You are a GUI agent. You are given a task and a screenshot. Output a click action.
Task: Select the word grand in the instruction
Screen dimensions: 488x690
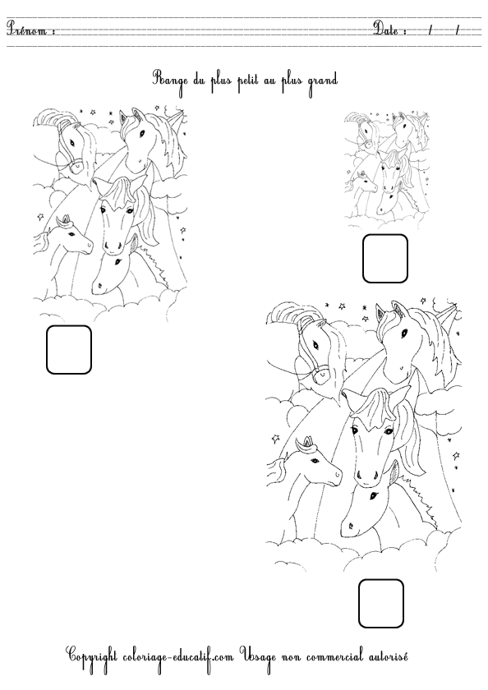(323, 80)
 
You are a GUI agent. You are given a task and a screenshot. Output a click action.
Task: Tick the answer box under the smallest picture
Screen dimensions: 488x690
(385, 259)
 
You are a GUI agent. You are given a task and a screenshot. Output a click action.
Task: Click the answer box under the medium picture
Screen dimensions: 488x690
(69, 350)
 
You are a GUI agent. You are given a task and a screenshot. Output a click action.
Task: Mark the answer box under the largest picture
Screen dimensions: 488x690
(381, 603)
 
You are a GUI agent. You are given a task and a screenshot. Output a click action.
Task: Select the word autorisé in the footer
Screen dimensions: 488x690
(385, 656)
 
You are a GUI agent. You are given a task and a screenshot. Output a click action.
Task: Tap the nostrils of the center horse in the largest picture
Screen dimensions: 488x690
(366, 476)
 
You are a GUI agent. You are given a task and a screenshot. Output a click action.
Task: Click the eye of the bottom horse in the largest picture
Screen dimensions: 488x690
(374, 496)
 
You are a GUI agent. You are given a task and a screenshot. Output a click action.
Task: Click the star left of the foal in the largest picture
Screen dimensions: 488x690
(276, 439)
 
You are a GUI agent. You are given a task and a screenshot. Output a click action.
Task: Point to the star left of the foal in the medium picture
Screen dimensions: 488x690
(41, 217)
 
